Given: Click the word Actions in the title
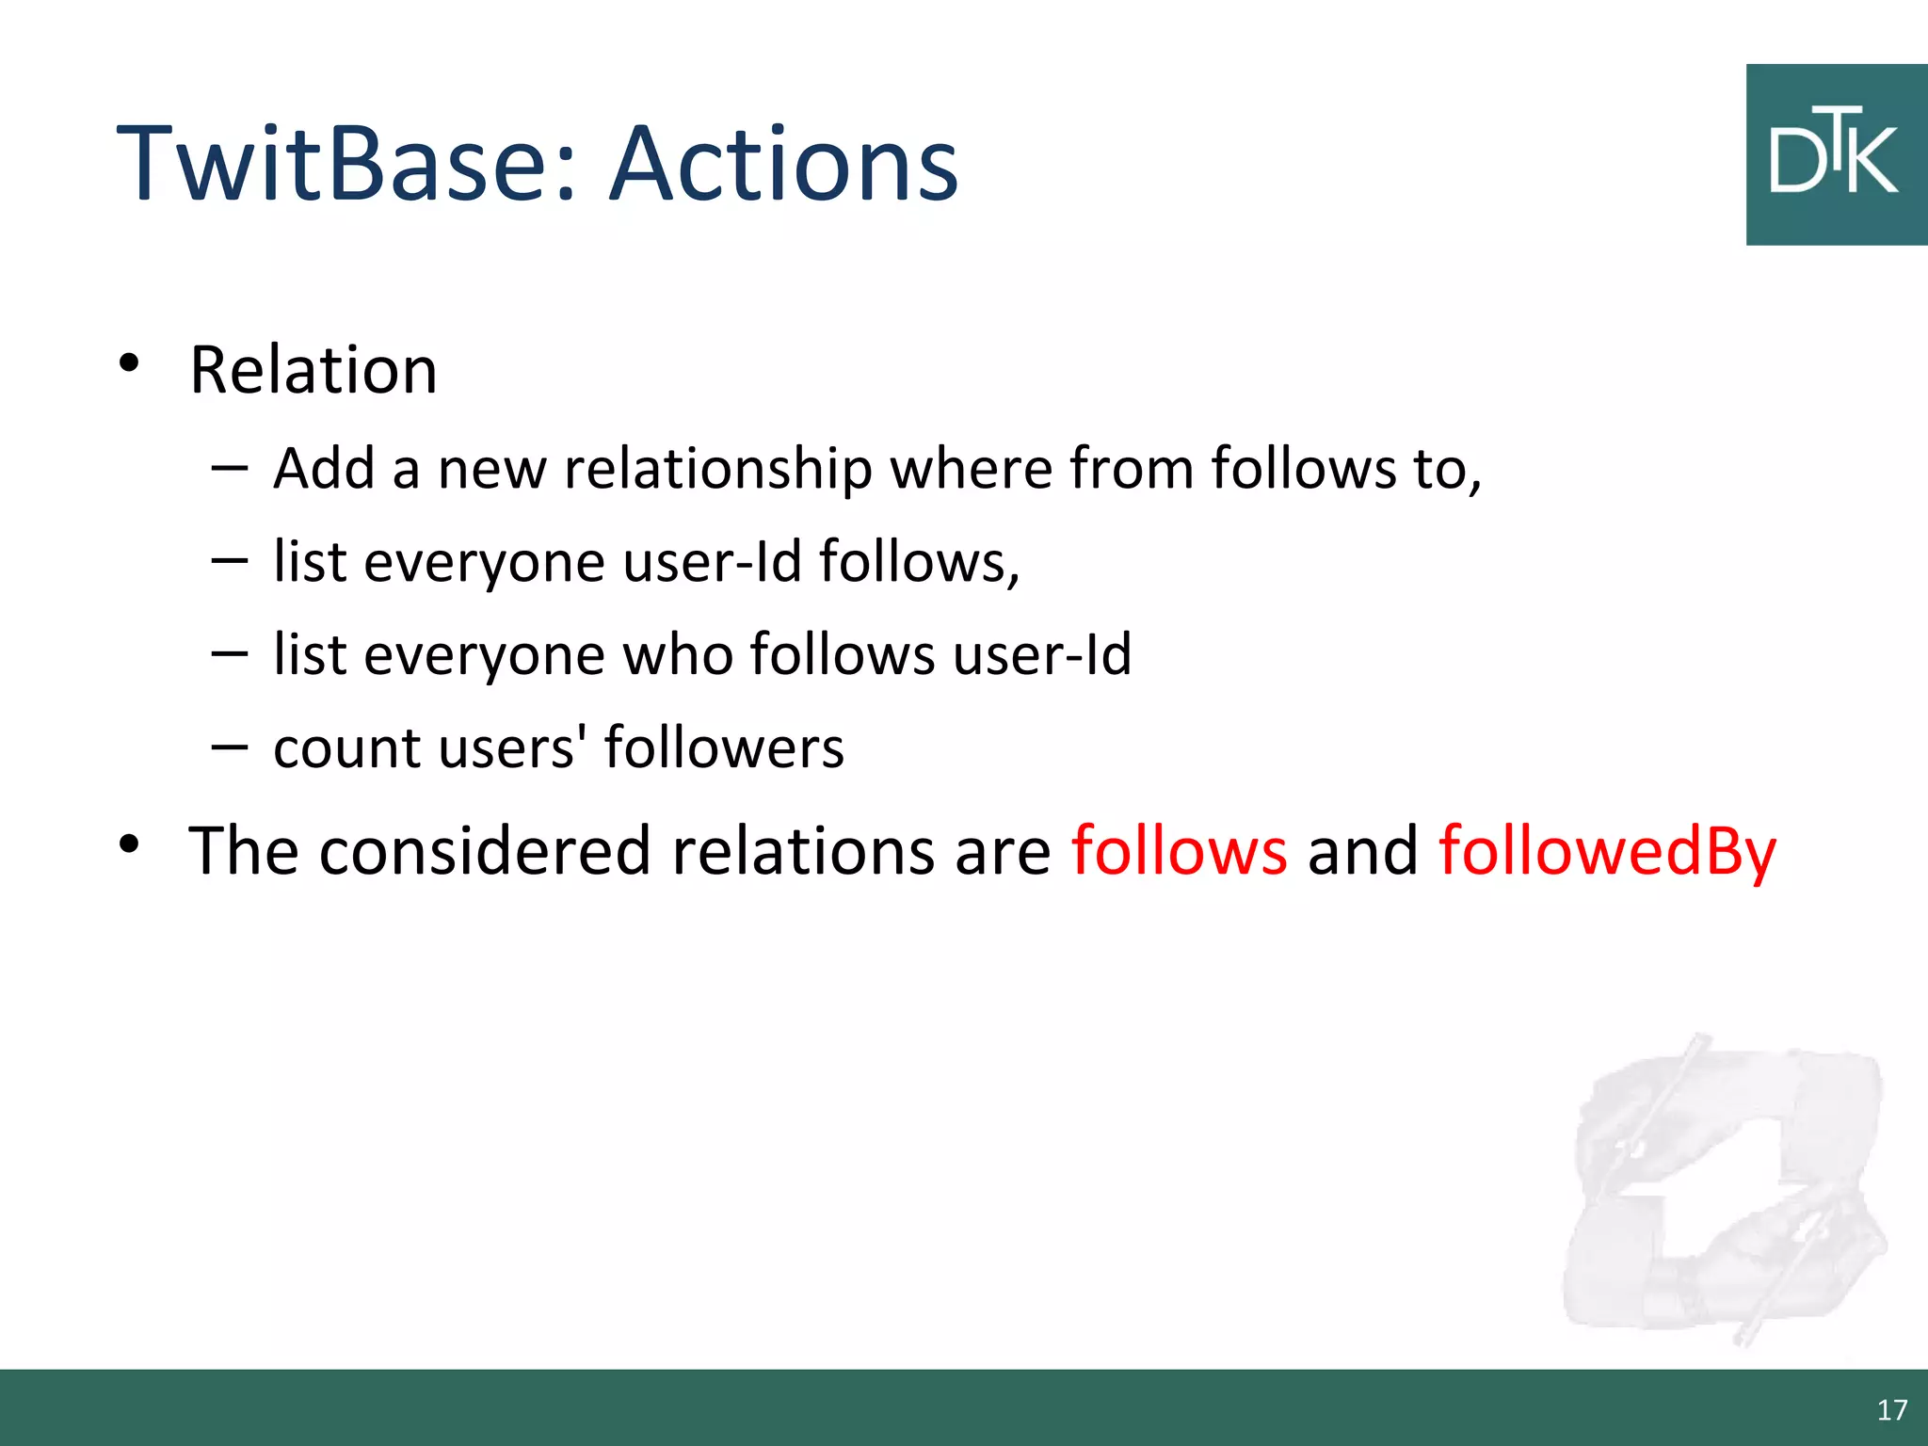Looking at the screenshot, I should (783, 165).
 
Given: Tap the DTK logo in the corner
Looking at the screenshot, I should (1836, 155).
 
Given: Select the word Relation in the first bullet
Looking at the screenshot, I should (313, 370).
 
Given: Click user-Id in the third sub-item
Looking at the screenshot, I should (1041, 654).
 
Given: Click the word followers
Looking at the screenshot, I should (723, 748).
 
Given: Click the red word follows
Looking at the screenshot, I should (1179, 851).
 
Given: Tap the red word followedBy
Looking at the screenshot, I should (1607, 851).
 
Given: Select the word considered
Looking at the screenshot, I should (485, 851).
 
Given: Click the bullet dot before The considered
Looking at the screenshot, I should (129, 843).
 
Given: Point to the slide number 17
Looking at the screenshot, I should (1891, 1409).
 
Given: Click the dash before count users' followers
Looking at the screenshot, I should (230, 747).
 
